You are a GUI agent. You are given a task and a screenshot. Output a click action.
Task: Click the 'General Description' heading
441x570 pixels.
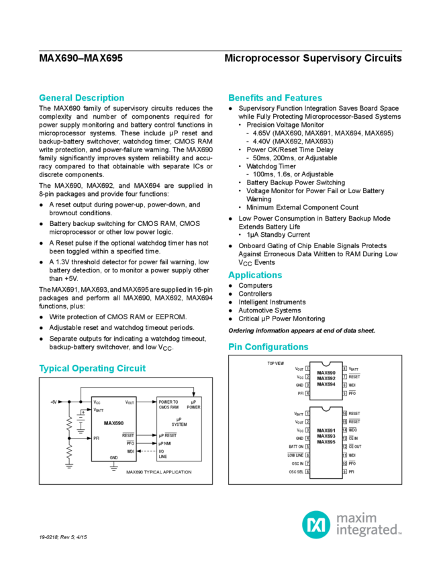81,97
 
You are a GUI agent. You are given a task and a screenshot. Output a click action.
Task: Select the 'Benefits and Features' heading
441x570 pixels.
275,97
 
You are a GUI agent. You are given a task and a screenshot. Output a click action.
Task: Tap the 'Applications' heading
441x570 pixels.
256,275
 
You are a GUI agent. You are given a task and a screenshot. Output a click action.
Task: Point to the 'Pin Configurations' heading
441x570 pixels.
268,347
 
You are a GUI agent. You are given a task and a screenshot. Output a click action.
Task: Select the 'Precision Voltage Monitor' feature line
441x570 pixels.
282,124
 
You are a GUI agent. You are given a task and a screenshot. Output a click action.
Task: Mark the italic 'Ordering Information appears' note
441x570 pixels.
301,331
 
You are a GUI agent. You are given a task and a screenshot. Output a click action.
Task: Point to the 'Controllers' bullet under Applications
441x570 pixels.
256,293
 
